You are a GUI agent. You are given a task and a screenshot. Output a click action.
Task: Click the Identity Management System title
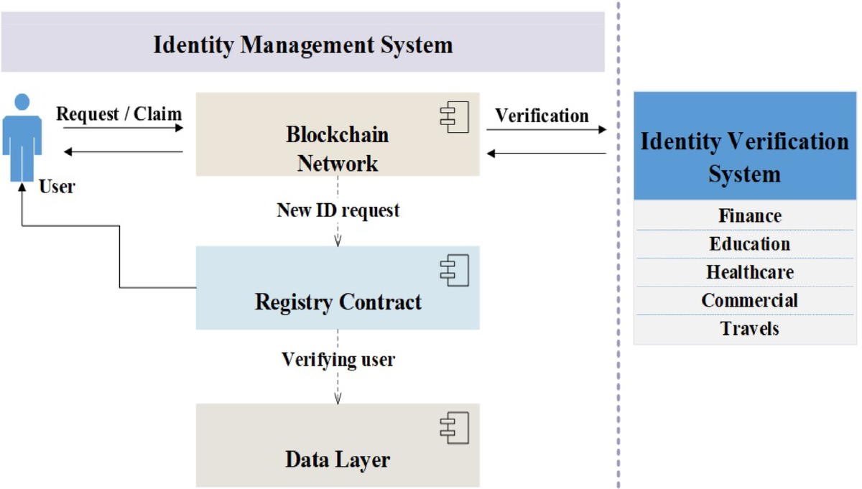[x=302, y=45]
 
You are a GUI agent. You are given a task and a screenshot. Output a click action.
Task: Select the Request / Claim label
[x=119, y=113]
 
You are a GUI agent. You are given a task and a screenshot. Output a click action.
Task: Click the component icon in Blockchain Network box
[x=454, y=116]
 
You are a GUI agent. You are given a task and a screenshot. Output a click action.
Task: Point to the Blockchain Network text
[x=338, y=149]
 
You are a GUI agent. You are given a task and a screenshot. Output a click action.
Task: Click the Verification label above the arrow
[x=542, y=115]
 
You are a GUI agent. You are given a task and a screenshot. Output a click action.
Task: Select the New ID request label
[x=338, y=210]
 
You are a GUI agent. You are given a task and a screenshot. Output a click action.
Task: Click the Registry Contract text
[x=338, y=302]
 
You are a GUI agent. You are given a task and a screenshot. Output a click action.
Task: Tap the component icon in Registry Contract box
[x=454, y=270]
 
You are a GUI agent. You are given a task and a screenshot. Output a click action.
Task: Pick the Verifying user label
[x=338, y=359]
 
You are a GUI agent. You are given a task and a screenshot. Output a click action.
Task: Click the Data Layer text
[x=338, y=460]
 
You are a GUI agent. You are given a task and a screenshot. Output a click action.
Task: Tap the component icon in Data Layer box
[x=454, y=428]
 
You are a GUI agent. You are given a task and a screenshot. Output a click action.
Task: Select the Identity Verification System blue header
[x=744, y=157]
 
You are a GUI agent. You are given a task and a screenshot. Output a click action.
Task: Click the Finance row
[x=750, y=215]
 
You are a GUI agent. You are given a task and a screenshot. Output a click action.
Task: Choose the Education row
[x=750, y=244]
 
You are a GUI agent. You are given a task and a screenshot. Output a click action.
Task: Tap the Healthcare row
[x=750, y=272]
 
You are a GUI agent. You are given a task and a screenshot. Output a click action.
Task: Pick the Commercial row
[x=750, y=300]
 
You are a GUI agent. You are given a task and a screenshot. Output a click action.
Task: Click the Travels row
[x=750, y=329]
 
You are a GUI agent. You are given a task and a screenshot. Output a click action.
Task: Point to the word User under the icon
[x=57, y=187]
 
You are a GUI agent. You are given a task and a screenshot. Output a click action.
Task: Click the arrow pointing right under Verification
[x=546, y=130]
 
